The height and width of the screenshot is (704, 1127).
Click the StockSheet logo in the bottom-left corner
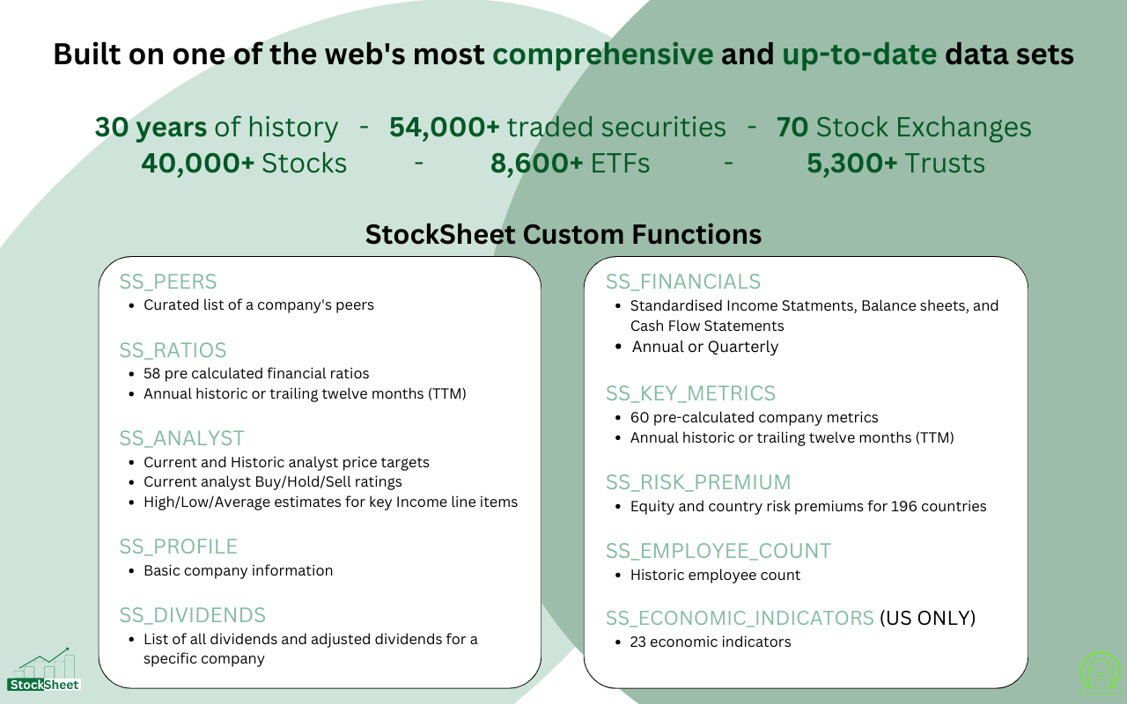tap(44, 670)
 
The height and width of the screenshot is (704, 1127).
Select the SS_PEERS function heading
tap(168, 282)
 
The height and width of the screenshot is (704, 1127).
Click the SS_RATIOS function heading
tap(173, 350)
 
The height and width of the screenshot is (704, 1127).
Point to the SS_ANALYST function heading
tap(181, 438)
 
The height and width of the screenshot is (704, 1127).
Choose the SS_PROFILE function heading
tap(178, 546)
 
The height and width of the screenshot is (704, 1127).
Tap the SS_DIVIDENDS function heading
tap(193, 615)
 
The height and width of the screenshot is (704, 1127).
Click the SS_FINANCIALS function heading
tap(683, 282)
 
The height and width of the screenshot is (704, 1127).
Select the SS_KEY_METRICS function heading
tap(691, 393)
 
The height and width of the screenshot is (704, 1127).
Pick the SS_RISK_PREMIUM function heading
tap(698, 482)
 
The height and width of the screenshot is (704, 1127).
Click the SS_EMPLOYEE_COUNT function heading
tap(718, 551)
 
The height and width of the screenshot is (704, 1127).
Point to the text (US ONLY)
tap(928, 618)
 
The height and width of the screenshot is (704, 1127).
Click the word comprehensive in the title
tap(603, 55)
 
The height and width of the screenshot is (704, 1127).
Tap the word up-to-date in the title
tap(859, 55)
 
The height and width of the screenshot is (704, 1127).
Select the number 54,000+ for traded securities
tap(445, 127)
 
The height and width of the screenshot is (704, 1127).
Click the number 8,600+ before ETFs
tap(537, 163)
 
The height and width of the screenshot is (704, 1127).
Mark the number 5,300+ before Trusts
tap(852, 163)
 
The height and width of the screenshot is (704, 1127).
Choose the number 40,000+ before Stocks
tap(198, 163)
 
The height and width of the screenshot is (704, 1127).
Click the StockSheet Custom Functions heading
tap(563, 234)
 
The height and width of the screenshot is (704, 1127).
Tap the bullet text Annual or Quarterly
tap(705, 347)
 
